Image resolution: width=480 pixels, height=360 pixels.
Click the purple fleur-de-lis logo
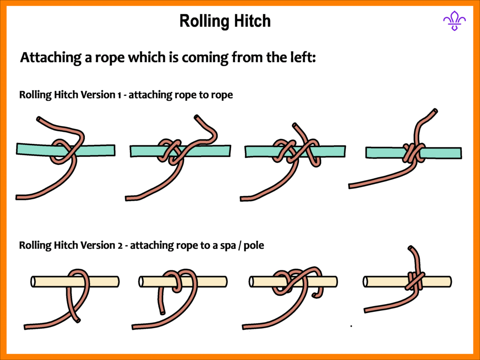454,21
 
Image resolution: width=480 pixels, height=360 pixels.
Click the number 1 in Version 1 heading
120,95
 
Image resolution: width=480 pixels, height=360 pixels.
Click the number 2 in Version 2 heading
120,245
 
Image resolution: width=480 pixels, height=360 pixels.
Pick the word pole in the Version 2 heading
255,245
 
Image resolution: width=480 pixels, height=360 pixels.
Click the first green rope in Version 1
33,149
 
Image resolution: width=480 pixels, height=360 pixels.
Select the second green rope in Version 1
145,151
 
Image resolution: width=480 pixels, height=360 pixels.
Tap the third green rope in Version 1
258,151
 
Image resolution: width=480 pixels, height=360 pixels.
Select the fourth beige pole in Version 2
384,281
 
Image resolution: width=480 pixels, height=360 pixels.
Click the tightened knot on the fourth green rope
411,153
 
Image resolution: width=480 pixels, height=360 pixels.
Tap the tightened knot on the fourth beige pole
414,281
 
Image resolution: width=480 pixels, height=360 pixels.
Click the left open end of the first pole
33,281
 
